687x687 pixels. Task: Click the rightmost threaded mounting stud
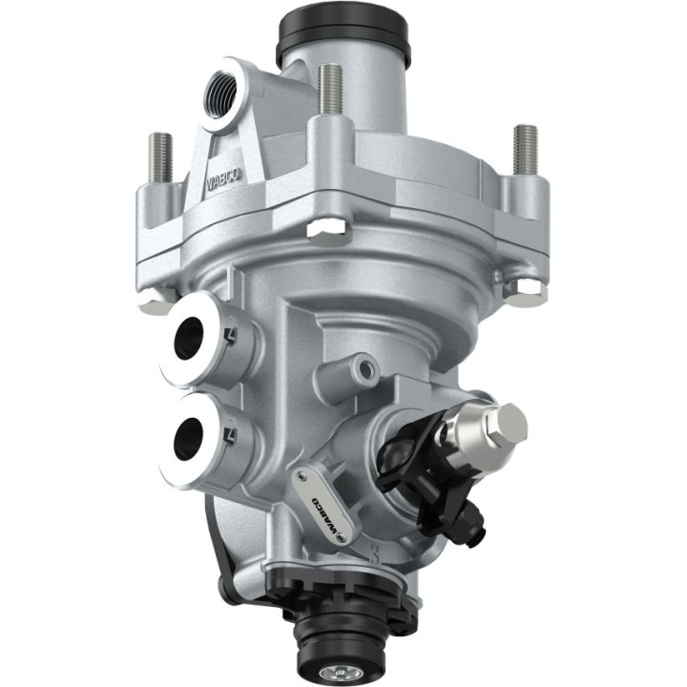point(525,149)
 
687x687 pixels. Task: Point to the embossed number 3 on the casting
point(354,552)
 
